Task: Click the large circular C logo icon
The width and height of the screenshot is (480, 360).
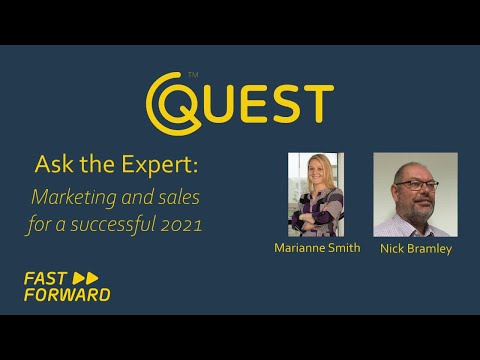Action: [x=170, y=101]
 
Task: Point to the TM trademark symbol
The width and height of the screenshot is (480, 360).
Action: [x=193, y=75]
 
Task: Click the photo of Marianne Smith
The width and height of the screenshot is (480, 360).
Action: [x=315, y=194]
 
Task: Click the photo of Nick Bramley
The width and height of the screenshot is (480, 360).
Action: [x=415, y=194]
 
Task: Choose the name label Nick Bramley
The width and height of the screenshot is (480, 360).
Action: [x=415, y=248]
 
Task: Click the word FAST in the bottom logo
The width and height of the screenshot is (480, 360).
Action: [x=46, y=278]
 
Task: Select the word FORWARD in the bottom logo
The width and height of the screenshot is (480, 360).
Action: [x=66, y=295]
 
